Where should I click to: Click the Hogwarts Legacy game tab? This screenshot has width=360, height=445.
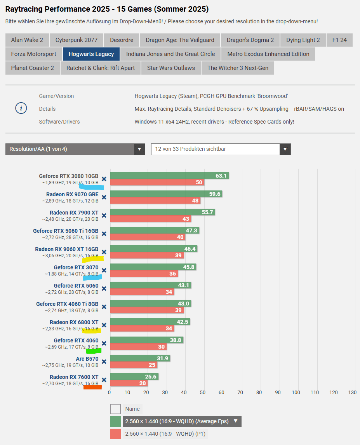(x=91, y=54)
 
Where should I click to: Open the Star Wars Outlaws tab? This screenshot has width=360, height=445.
(x=171, y=68)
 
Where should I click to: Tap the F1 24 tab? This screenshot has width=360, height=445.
(x=339, y=40)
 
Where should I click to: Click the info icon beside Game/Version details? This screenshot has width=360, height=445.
(x=21, y=109)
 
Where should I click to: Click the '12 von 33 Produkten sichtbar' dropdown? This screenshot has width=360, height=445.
(x=221, y=149)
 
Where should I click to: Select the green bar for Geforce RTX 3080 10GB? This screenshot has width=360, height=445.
(x=169, y=176)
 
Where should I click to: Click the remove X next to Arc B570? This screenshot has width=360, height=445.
(x=104, y=362)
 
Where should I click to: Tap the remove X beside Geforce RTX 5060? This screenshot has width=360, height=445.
(x=104, y=288)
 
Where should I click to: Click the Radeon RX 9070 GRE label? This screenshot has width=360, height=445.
(x=72, y=194)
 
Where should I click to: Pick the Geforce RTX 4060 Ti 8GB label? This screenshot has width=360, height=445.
(x=67, y=304)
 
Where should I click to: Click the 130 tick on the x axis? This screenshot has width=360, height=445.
(x=352, y=393)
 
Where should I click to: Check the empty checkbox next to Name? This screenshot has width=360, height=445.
(x=115, y=409)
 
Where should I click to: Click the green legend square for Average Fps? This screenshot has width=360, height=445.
(x=115, y=421)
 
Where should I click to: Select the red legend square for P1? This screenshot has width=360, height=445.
(x=115, y=434)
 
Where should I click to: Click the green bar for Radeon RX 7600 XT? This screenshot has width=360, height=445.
(x=134, y=377)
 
